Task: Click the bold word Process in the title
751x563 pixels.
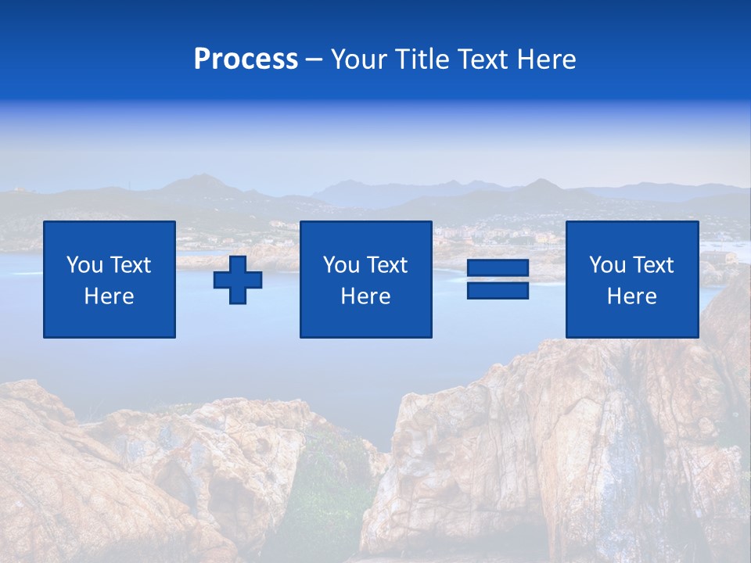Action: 246,59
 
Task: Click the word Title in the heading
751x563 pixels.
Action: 422,59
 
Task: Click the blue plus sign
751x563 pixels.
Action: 238,280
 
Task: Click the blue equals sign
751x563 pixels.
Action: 498,279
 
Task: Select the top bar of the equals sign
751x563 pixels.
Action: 498,268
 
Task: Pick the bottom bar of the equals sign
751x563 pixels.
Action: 498,290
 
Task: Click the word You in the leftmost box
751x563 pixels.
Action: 84,265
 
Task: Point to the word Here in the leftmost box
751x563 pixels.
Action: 110,296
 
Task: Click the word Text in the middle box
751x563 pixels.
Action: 386,265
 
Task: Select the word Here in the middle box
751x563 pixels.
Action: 366,296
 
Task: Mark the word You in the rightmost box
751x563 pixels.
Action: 607,265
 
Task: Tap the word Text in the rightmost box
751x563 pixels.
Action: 652,265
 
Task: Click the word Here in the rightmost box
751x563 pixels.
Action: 632,296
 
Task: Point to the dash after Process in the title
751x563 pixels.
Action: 314,60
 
